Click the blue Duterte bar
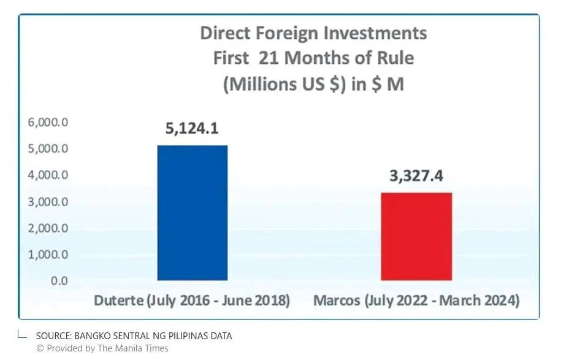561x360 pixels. [193, 213]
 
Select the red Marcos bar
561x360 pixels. [416, 236]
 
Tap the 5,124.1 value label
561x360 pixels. [192, 128]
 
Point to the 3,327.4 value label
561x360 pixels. [416, 175]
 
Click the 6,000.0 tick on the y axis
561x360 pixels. [48, 123]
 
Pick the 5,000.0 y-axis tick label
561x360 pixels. [48, 148]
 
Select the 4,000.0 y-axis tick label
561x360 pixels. [48, 175]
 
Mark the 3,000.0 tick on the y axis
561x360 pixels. [48, 202]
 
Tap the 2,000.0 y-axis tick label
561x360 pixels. [48, 228]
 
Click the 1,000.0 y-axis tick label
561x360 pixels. [48, 255]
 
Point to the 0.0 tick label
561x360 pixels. [59, 281]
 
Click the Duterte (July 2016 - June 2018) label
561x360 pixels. [192, 301]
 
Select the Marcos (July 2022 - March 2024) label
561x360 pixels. [416, 301]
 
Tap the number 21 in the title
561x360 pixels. [269, 58]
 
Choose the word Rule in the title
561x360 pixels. [397, 58]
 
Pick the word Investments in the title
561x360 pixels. [375, 33]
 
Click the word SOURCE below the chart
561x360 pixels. [53, 336]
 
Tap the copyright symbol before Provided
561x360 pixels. [40, 348]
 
